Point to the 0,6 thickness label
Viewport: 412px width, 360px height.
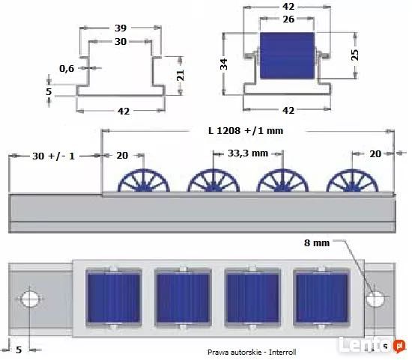[67, 69]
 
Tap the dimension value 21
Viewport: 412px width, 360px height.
[180, 76]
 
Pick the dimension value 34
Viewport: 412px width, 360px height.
[223, 66]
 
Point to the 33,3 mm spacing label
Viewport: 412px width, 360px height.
[247, 153]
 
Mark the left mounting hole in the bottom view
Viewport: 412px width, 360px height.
[31, 299]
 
